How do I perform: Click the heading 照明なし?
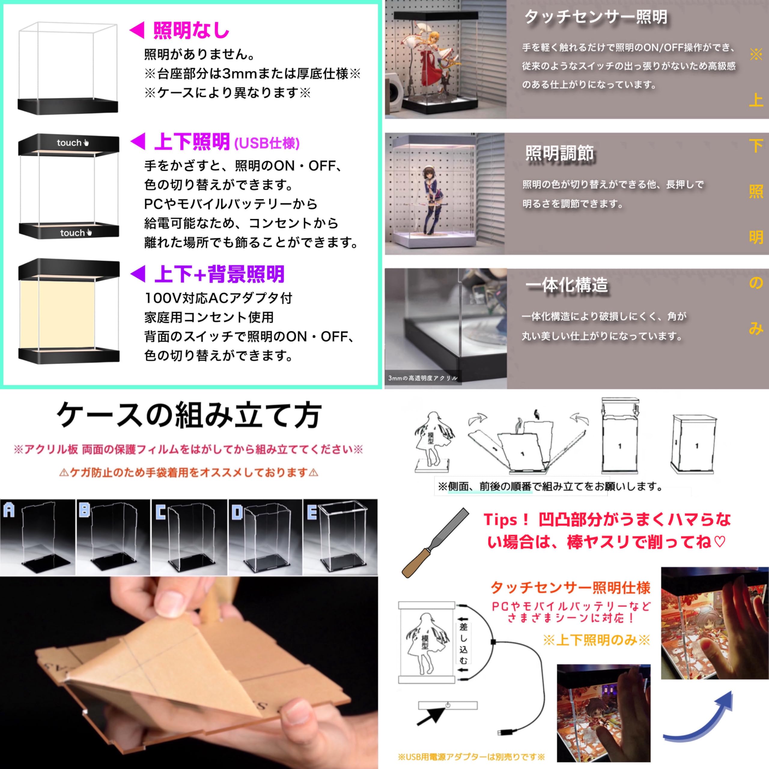pyautogui.click(x=191, y=31)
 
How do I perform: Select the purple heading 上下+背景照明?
pyautogui.click(x=219, y=274)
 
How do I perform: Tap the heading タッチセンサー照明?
pyautogui.click(x=595, y=17)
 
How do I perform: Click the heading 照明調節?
pyautogui.click(x=559, y=153)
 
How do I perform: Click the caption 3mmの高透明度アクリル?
pyautogui.click(x=423, y=378)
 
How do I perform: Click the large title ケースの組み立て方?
pyautogui.click(x=189, y=415)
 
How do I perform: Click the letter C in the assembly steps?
pyautogui.click(x=160, y=512)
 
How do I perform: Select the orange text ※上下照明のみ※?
pyautogui.click(x=596, y=640)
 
